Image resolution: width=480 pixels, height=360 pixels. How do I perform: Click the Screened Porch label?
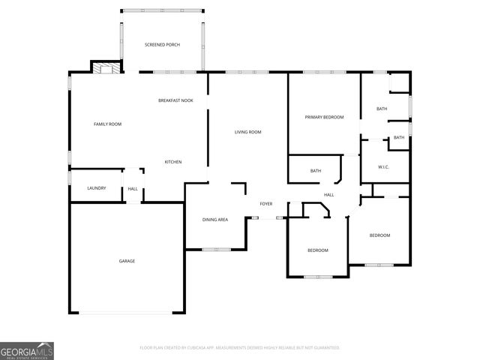pyautogui.click(x=162, y=45)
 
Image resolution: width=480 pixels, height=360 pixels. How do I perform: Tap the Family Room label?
pyautogui.click(x=107, y=124)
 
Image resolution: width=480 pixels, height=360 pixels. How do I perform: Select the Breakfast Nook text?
pyautogui.click(x=175, y=100)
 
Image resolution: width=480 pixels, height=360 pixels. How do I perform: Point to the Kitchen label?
pyautogui.click(x=173, y=162)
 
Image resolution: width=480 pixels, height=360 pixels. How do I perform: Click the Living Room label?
pyautogui.click(x=247, y=132)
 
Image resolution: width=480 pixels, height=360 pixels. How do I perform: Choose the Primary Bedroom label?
pyautogui.click(x=324, y=117)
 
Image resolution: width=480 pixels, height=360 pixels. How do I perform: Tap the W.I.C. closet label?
pyautogui.click(x=382, y=166)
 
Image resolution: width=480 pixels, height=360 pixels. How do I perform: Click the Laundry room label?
pyautogui.click(x=97, y=188)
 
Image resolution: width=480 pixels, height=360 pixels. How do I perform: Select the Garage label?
pyautogui.click(x=127, y=261)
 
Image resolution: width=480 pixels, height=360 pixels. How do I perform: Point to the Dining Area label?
pyautogui.click(x=215, y=220)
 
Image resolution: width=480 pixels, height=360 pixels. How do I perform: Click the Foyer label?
pyautogui.click(x=266, y=204)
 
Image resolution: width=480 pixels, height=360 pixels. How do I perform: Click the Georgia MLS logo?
pyautogui.click(x=27, y=350)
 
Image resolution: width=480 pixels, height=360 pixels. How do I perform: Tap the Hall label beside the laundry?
pyautogui.click(x=133, y=189)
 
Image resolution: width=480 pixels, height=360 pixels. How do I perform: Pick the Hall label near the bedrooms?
pyautogui.click(x=328, y=195)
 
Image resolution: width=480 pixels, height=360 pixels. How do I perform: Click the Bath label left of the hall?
pyautogui.click(x=316, y=171)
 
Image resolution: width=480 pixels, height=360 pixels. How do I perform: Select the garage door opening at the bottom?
pyautogui.click(x=127, y=312)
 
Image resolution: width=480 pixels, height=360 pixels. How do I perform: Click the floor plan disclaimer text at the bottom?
pyautogui.click(x=240, y=348)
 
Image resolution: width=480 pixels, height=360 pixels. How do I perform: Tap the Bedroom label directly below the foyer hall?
pyautogui.click(x=318, y=250)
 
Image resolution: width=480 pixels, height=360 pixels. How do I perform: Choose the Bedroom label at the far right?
pyautogui.click(x=379, y=235)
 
